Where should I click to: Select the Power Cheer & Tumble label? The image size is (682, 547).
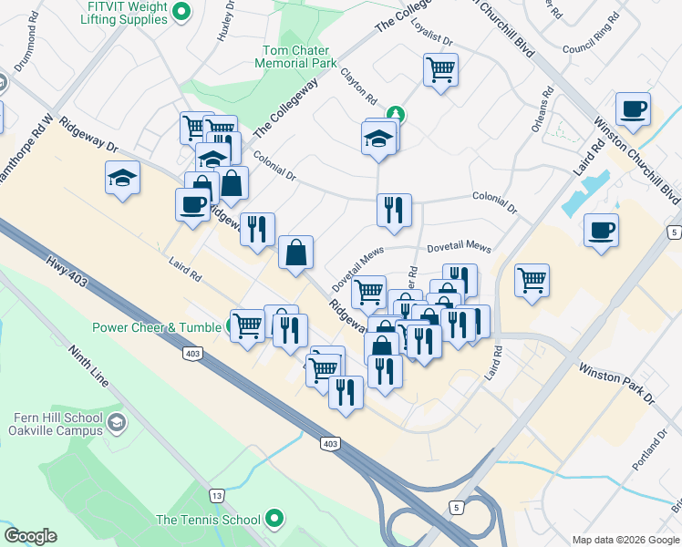point(156,327)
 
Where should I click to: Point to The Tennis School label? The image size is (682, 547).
point(208,520)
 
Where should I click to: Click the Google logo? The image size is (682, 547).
point(30,536)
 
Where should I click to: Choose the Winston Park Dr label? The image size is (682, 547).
point(616,383)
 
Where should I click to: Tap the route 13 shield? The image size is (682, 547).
point(216,495)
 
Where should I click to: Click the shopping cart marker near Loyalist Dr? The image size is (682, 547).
point(440,68)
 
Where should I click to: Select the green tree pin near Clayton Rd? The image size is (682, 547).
point(396,115)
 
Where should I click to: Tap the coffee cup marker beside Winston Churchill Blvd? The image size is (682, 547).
point(633,109)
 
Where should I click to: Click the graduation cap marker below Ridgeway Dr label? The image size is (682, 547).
point(122,178)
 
